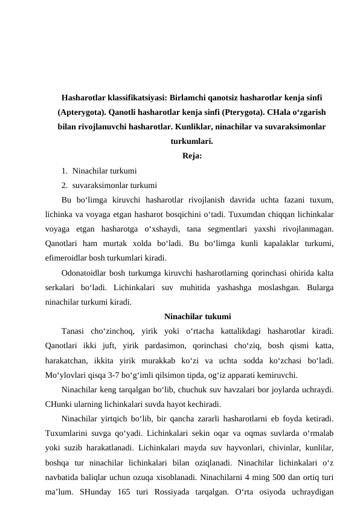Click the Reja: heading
pyautogui.click(x=191, y=157)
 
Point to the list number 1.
pyautogui.click(x=64, y=171)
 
